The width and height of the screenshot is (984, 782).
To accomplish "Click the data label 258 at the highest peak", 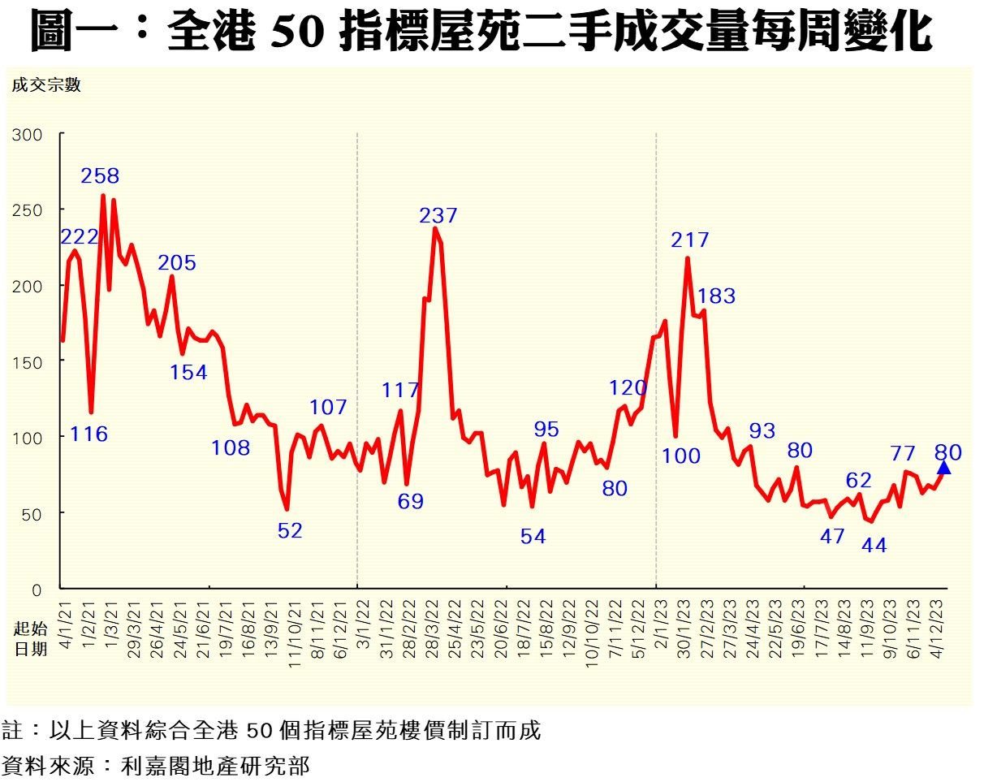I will pos(100,175).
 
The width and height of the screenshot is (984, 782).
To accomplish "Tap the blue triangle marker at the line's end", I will pos(943,467).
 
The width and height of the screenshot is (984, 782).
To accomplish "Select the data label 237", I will pos(438,216).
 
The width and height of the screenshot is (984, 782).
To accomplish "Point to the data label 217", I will pos(689,240).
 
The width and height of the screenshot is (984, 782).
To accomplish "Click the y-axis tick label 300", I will pos(28,135).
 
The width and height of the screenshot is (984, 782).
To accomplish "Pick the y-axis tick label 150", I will pos(28,361).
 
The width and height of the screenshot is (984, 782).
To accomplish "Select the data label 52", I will pos(290,531).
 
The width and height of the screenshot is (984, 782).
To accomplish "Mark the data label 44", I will pos(874,546).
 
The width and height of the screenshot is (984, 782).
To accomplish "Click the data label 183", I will pos(716,296).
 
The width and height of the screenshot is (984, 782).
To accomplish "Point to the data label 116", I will pos(88,434).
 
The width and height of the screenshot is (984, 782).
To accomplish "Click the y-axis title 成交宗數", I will pos(46,85).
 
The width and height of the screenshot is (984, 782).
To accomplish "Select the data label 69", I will pos(410,501).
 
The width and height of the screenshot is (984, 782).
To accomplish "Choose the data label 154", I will pos(188,373).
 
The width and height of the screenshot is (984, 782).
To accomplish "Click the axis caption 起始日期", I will pos(24,639).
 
